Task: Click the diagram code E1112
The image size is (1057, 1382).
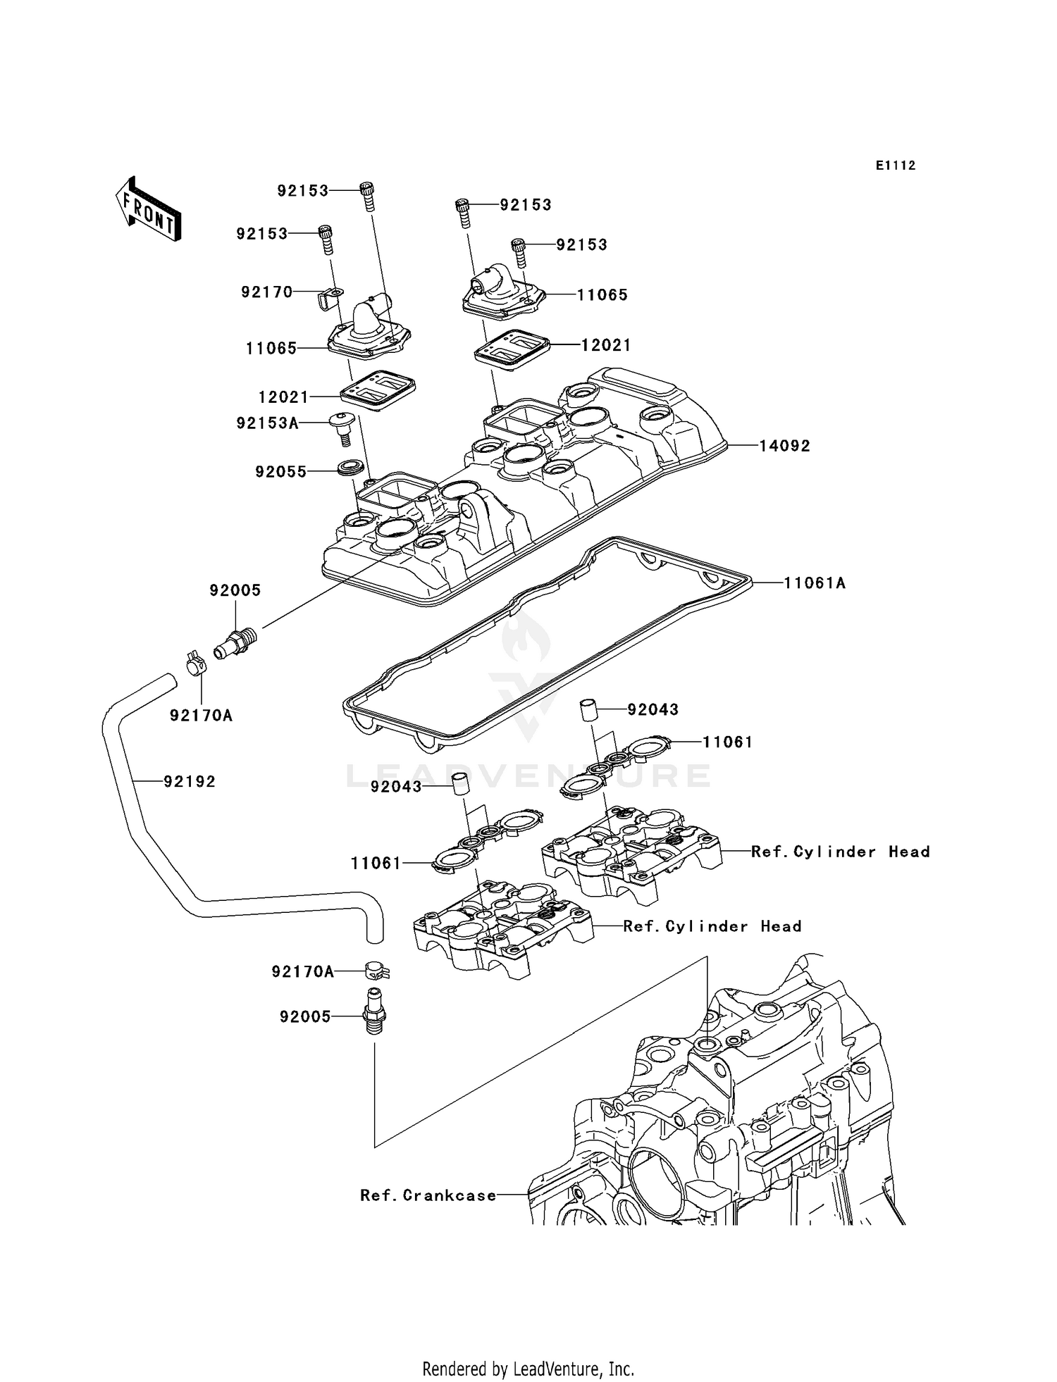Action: click(x=896, y=166)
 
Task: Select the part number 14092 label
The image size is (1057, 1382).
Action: click(x=784, y=446)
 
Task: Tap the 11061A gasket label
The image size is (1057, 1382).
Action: click(x=815, y=583)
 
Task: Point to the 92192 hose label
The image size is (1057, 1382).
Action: click(x=190, y=781)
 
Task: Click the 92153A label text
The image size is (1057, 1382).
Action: click(x=267, y=423)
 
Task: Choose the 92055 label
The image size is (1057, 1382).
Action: click(x=281, y=471)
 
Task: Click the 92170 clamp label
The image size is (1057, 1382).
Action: click(x=266, y=292)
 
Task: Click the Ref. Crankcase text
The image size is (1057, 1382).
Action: click(x=428, y=1195)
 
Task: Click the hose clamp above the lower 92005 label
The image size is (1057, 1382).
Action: click(x=377, y=971)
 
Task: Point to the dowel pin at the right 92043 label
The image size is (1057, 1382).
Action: click(x=588, y=709)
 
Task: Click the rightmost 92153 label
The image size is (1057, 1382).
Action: click(x=581, y=244)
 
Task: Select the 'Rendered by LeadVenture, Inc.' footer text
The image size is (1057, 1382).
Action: click(x=528, y=1369)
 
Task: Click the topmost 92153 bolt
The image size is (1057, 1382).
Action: click(x=367, y=194)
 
